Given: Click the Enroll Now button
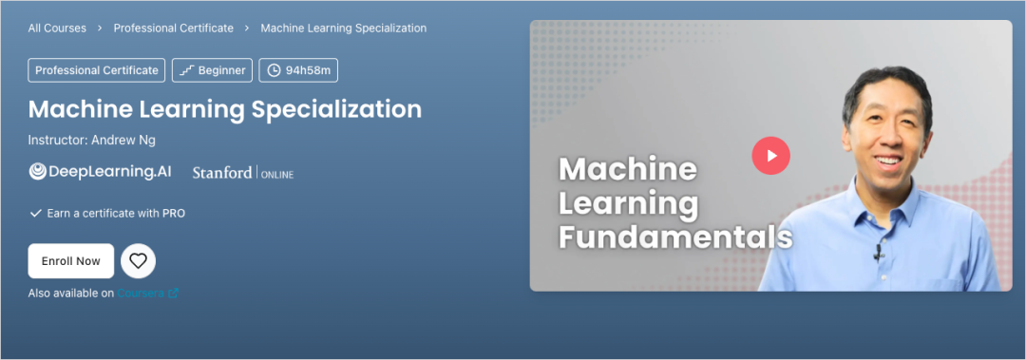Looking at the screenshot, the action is (x=70, y=261).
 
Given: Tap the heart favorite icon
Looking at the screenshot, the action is (x=138, y=261).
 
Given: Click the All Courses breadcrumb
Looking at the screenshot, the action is (x=57, y=28).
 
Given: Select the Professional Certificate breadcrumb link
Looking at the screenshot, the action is (x=174, y=28).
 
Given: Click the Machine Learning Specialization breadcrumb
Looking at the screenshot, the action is (x=344, y=28).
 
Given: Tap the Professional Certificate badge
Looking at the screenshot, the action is (x=97, y=70).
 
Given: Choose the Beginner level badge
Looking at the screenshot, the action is (x=212, y=70).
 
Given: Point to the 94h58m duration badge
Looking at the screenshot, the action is (x=298, y=70).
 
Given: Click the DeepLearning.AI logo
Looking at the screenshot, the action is (x=100, y=172).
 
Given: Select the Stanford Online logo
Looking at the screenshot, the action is (x=243, y=174).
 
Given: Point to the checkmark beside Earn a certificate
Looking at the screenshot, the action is (x=36, y=214).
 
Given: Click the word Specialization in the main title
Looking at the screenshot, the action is (x=336, y=109).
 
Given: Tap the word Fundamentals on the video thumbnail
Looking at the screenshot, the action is (x=675, y=238).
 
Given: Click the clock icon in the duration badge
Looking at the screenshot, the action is (x=274, y=70).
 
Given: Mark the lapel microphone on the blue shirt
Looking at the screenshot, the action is (x=878, y=253).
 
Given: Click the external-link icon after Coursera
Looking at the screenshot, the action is (x=174, y=294).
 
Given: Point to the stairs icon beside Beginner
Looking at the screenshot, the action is (x=186, y=70).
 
